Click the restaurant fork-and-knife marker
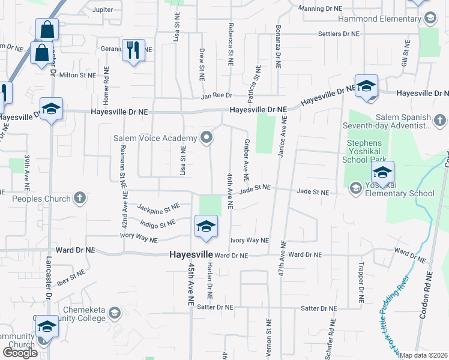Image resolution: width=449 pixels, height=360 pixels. click(133, 50)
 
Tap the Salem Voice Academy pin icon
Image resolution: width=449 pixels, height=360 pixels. click(207, 139)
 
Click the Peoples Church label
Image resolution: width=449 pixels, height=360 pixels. click(37, 198)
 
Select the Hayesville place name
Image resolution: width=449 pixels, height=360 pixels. click(190, 254)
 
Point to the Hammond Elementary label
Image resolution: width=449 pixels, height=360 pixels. click(379, 19)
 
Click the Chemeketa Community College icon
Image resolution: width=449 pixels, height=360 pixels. click(114, 313)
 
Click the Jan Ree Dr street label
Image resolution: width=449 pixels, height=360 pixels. click(217, 95)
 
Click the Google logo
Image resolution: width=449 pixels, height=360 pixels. click(20, 353)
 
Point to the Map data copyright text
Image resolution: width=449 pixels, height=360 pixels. click(424, 355)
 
